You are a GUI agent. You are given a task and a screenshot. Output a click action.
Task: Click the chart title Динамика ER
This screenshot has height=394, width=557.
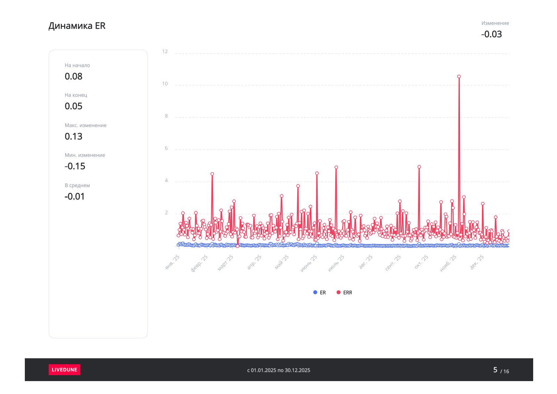(77, 26)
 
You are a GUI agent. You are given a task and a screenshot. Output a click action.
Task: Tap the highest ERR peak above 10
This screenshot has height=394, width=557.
(459, 76)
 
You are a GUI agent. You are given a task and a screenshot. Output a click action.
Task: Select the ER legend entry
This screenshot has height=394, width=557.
(319, 292)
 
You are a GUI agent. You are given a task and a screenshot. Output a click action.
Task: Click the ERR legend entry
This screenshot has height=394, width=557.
(345, 292)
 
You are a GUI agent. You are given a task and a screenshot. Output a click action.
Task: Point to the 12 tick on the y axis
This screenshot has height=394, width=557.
(165, 52)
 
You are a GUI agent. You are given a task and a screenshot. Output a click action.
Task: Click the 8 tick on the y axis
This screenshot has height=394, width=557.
(166, 116)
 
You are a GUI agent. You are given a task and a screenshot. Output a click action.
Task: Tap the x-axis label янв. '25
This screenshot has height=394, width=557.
(172, 262)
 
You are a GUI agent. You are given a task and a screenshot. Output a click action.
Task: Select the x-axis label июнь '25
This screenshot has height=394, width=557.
(308, 263)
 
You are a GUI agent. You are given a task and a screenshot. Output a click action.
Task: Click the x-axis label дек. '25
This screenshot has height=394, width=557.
(477, 262)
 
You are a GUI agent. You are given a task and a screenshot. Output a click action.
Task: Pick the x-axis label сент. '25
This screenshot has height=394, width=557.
(393, 263)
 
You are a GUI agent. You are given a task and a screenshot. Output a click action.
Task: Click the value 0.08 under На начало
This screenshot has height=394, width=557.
(73, 76)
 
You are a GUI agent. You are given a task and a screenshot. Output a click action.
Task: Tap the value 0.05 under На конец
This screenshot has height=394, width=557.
(73, 106)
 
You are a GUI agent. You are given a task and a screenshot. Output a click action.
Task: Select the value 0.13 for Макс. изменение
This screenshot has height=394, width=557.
(73, 137)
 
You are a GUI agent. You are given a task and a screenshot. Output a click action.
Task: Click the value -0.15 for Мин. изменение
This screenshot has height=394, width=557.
(75, 166)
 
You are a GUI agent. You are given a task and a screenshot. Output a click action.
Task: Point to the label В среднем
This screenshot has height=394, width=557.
(77, 186)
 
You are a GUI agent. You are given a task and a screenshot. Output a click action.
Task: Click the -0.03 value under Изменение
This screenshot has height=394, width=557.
(491, 34)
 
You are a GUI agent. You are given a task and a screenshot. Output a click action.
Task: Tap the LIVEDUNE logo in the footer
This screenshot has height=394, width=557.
(65, 370)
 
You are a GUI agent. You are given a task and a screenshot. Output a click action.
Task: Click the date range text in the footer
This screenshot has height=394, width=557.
(279, 370)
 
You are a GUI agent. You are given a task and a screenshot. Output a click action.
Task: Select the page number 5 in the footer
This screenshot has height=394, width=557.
(495, 370)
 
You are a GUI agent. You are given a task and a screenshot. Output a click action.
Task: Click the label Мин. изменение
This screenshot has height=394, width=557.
(85, 155)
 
